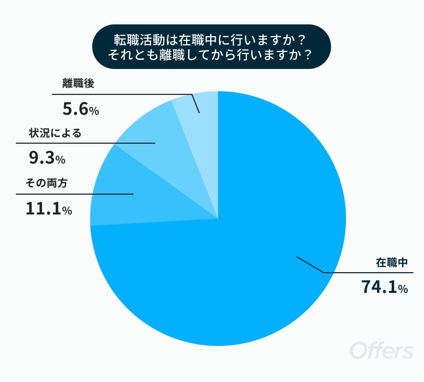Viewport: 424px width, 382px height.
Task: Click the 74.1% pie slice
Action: point(243,257)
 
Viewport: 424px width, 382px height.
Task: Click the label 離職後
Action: point(78,83)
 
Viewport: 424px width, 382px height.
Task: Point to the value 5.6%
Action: point(81,109)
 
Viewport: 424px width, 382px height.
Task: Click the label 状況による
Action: point(55,133)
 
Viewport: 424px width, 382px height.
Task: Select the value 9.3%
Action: point(47,158)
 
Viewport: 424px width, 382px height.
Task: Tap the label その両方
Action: point(46,183)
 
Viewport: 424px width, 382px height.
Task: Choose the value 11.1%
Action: point(49,209)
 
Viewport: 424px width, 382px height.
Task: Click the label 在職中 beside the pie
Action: point(392,263)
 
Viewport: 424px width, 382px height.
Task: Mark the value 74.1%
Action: point(385,286)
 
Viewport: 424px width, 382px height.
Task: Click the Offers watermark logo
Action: point(382,350)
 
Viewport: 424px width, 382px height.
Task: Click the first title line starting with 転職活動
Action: point(210,40)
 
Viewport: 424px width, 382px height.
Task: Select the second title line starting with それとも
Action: point(210,55)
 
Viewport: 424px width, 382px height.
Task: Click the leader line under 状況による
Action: point(86,143)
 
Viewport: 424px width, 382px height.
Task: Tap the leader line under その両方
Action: point(75,194)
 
